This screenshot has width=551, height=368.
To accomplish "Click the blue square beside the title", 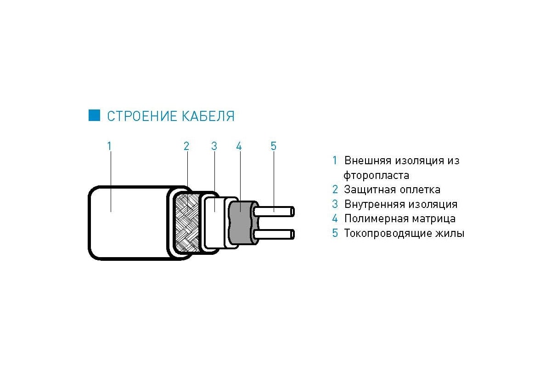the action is click(94, 115).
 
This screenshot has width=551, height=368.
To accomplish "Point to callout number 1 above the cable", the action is click(109, 146).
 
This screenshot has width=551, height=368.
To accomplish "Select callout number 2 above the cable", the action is click(186, 146).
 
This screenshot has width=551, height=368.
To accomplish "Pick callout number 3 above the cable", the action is click(214, 146).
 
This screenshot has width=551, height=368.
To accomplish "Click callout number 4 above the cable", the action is click(239, 146).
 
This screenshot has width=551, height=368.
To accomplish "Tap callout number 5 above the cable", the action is click(274, 146).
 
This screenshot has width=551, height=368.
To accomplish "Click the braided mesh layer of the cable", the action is click(187, 223).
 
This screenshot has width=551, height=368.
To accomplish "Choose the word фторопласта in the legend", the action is click(377, 176).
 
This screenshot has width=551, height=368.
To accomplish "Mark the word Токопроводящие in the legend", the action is click(388, 233).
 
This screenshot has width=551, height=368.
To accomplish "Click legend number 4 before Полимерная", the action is click(335, 218).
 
